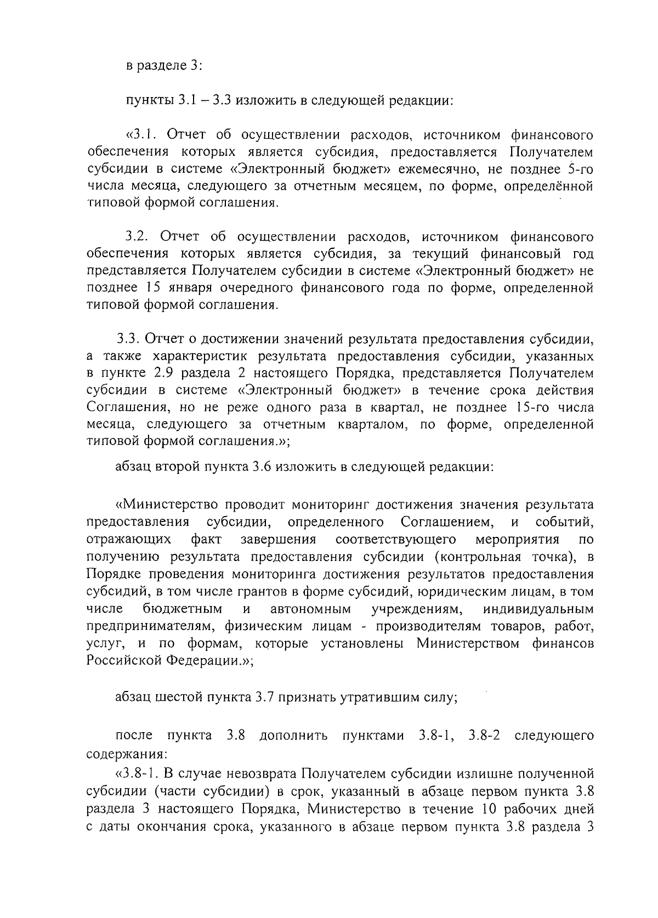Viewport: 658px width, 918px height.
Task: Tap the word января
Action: click(x=187, y=288)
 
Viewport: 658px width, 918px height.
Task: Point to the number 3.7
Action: click(x=266, y=698)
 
